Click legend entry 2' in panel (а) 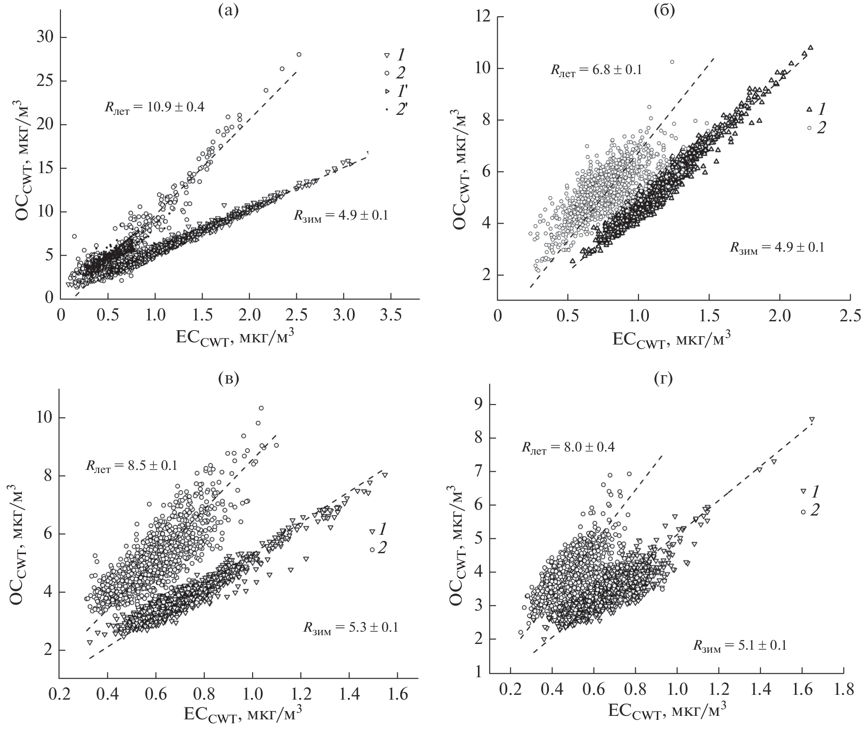(x=401, y=110)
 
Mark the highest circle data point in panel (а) (x=299, y=54)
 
